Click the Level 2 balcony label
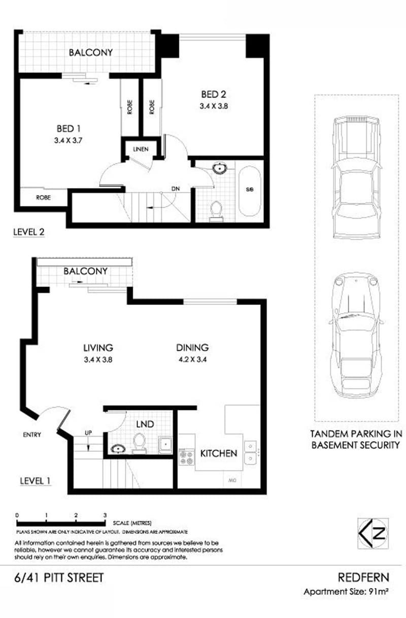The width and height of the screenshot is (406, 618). [x=91, y=52]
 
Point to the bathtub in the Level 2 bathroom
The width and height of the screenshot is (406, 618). [x=250, y=190]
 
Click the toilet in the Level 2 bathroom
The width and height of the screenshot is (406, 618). [x=217, y=210]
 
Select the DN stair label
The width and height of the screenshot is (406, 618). [x=176, y=189]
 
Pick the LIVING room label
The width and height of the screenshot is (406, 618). [x=98, y=348]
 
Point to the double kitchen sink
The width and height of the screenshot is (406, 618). [x=250, y=452]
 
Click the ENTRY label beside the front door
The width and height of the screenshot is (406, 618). [x=32, y=434]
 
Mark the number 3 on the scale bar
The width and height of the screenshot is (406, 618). [x=105, y=515]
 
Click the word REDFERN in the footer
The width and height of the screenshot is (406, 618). [x=363, y=577]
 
